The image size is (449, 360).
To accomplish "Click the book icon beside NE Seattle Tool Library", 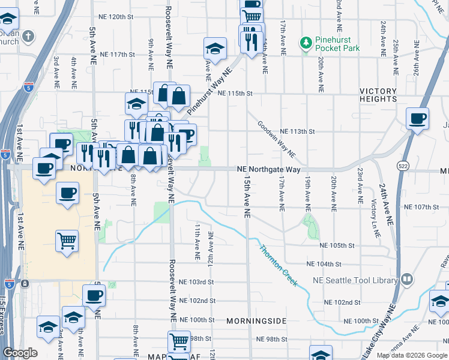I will point(407,280).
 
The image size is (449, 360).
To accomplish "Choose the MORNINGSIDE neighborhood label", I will point(256,321).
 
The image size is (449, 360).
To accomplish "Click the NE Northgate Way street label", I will point(268,170).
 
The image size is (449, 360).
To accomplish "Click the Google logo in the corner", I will point(20,353).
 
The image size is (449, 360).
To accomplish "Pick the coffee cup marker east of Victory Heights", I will point(417,118).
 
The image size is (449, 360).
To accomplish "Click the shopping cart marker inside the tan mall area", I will point(67,241).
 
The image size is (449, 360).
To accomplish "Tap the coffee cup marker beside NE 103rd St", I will point(94,295).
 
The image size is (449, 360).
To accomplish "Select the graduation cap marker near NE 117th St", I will point(214,47).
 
